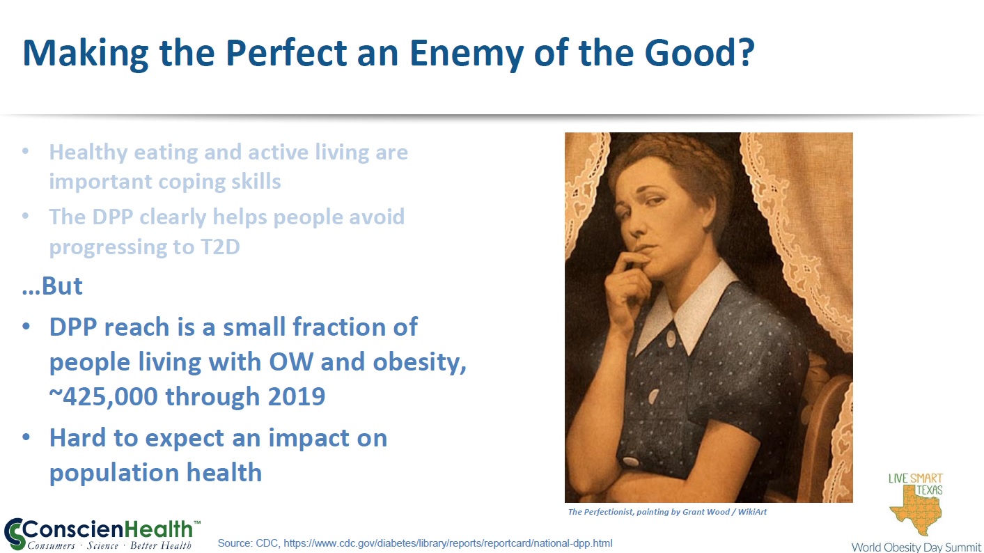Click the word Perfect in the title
pos(286,53)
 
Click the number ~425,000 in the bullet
pos(103,396)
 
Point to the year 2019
pos(297,396)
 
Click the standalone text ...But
pos(52,286)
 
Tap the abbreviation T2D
pos(220,247)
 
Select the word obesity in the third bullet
pos(419,363)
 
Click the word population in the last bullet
pos(111,474)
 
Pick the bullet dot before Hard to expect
pos(26,437)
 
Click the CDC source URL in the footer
pos(448,543)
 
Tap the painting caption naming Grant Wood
pos(667,512)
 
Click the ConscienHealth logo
pos(102,533)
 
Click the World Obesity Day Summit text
pos(916,547)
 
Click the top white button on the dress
pos(671,338)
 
